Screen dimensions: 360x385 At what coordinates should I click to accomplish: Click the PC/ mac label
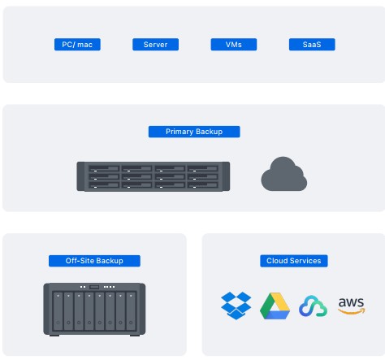tap(77, 45)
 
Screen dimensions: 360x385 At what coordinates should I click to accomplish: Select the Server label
tap(155, 45)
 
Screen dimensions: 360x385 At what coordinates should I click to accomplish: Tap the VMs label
tap(233, 45)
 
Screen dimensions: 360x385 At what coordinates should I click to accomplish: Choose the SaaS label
tap(312, 45)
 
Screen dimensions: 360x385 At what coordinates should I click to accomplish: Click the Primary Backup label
tap(194, 132)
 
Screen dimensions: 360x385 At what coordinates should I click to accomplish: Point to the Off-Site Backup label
tap(94, 261)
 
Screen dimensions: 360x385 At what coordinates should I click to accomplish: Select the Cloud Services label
tap(293, 261)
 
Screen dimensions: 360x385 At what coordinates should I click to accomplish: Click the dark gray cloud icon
tap(283, 175)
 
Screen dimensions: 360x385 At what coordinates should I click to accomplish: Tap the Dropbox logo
tap(236, 305)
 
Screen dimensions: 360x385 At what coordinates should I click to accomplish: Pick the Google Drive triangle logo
tap(275, 306)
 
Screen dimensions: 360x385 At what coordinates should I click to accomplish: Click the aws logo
tap(351, 305)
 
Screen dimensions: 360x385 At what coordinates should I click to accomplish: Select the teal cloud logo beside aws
tap(313, 306)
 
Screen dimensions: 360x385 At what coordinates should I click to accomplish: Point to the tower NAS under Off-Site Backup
tap(94, 309)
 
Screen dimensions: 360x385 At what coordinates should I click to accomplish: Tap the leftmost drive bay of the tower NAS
tap(58, 312)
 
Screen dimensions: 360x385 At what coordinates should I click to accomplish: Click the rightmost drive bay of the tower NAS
tap(131, 312)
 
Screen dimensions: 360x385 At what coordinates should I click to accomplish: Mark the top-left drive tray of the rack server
tap(104, 169)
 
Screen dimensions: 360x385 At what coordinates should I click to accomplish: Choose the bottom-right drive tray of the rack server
tap(203, 185)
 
